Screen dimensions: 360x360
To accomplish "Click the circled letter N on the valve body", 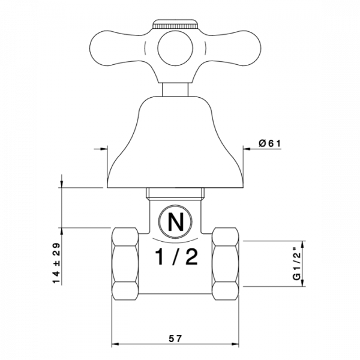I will coord(176,223).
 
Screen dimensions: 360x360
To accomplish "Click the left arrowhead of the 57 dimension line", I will coord(116,345).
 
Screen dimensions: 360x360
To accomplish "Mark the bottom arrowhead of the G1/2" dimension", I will coord(304,283).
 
